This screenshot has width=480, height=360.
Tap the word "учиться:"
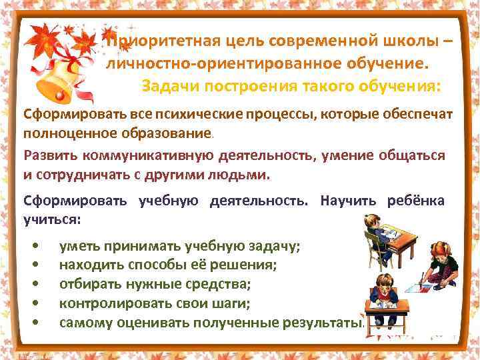52,219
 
